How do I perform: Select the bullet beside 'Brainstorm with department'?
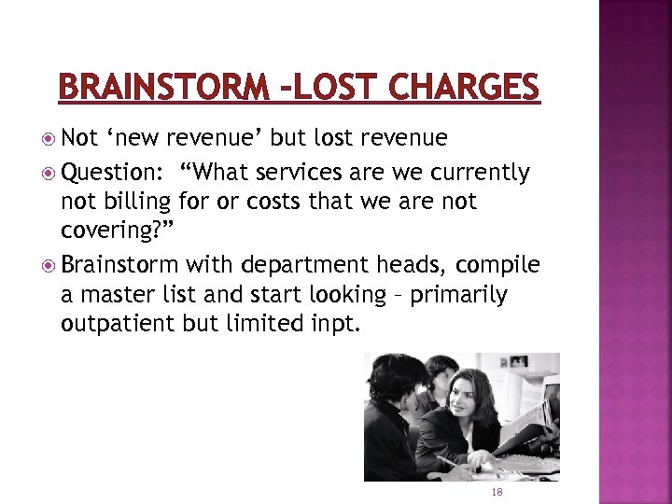pyautogui.click(x=49, y=266)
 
